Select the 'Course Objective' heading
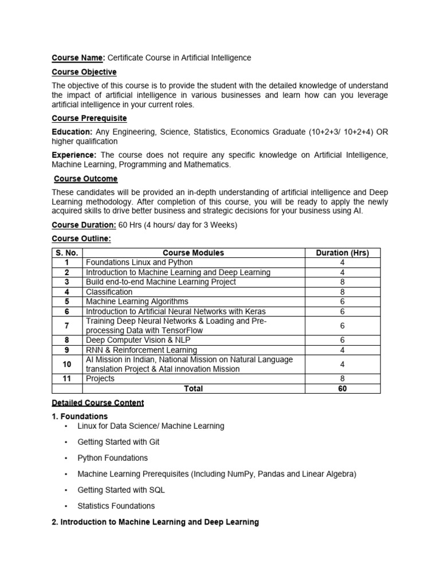[84, 72]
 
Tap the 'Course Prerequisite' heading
[89, 118]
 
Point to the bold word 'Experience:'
[74, 155]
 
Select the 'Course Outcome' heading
[85, 179]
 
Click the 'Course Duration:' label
[84, 225]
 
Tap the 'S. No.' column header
[67, 253]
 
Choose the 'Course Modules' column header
[194, 253]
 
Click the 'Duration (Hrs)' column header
[343, 253]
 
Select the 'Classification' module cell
[109, 292]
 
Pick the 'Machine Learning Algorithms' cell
[137, 302]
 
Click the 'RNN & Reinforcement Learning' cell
[142, 350]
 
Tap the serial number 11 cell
[67, 378]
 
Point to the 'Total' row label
[194, 388]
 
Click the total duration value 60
[343, 388]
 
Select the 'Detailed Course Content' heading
[98, 403]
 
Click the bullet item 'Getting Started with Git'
[119, 442]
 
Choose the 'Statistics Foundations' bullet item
[116, 506]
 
